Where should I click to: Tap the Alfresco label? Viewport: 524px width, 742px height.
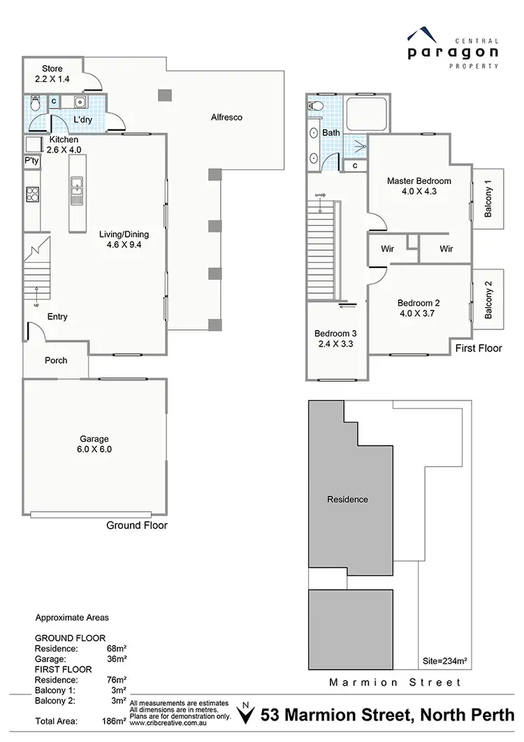[x=226, y=117]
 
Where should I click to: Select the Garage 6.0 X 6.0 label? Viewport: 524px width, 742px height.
[x=95, y=444]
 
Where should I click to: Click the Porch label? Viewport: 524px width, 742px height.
[x=56, y=361]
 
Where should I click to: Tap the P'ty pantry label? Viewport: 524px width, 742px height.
[x=31, y=162]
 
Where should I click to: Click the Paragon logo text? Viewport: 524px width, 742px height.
[x=453, y=51]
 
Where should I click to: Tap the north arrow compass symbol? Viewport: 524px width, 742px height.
[x=245, y=715]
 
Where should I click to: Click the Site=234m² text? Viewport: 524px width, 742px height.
[x=445, y=659]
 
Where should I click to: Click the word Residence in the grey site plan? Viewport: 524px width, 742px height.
[x=347, y=499]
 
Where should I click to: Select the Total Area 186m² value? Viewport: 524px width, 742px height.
[x=117, y=719]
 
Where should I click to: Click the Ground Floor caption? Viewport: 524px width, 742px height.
[x=136, y=525]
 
